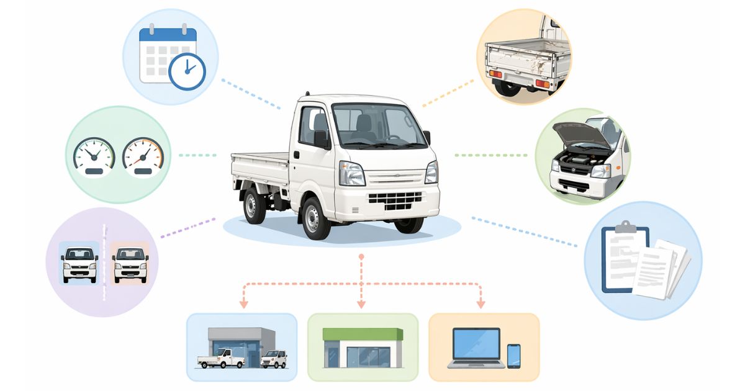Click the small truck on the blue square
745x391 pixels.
(x=79, y=263)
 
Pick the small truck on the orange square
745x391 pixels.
(x=131, y=263)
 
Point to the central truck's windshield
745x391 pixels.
(x=371, y=125)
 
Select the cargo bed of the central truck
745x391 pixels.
(x=260, y=168)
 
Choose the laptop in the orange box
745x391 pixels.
(x=476, y=346)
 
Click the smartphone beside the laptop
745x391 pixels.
(x=513, y=356)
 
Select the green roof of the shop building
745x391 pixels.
(x=363, y=334)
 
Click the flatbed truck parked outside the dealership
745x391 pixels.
(x=221, y=357)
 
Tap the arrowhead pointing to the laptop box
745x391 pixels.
(x=481, y=304)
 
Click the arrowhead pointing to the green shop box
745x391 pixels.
(x=361, y=304)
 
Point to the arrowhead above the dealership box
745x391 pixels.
(x=243, y=304)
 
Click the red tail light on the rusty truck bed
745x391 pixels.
(x=494, y=74)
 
